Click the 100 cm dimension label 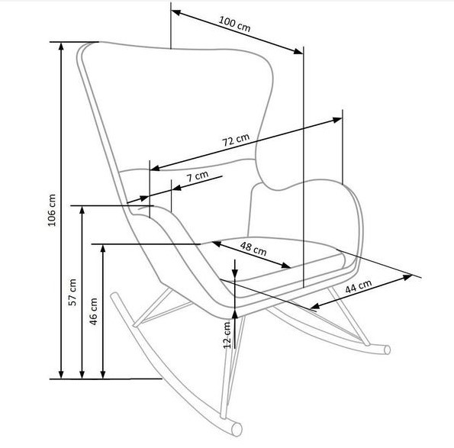tap(234, 24)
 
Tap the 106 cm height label tap(52, 210)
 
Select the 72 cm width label tap(236, 140)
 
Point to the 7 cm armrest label tap(198, 176)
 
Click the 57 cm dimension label tap(72, 292)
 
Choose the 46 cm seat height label tap(94, 311)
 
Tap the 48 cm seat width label tap(253, 249)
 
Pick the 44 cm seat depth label tap(359, 286)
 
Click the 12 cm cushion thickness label tap(227, 335)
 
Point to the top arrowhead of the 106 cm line tap(61, 47)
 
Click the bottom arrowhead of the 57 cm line tap(82, 374)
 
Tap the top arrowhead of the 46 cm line tap(103, 249)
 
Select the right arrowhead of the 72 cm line tap(337, 120)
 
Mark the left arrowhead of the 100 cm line tap(176, 12)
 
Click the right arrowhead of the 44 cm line tap(407, 277)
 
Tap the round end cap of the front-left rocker tap(237, 429)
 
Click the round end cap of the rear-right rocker tap(387, 350)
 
